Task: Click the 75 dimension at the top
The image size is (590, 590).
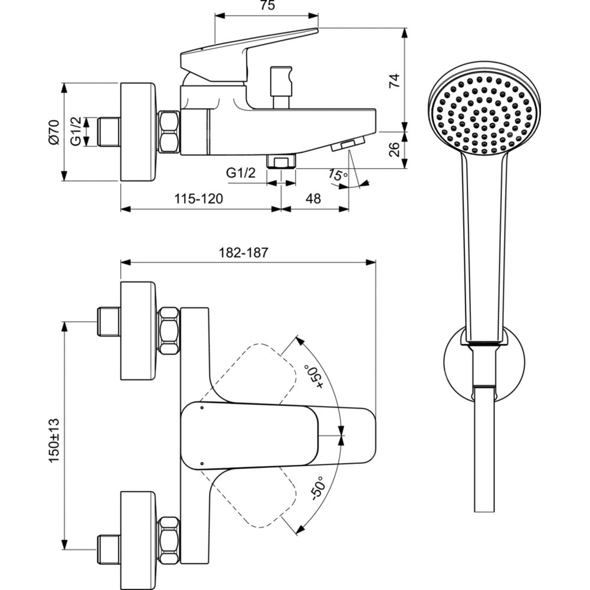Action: [267, 6]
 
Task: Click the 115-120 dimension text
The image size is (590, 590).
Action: [198, 199]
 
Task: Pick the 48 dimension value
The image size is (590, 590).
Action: [313, 199]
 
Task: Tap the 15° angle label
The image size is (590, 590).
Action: [337, 175]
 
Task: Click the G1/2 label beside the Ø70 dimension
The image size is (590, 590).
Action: [77, 132]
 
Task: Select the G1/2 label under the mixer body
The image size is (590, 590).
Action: [241, 173]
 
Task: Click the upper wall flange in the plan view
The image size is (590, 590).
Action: [139, 331]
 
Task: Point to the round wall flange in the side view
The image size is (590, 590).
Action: [139, 132]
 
